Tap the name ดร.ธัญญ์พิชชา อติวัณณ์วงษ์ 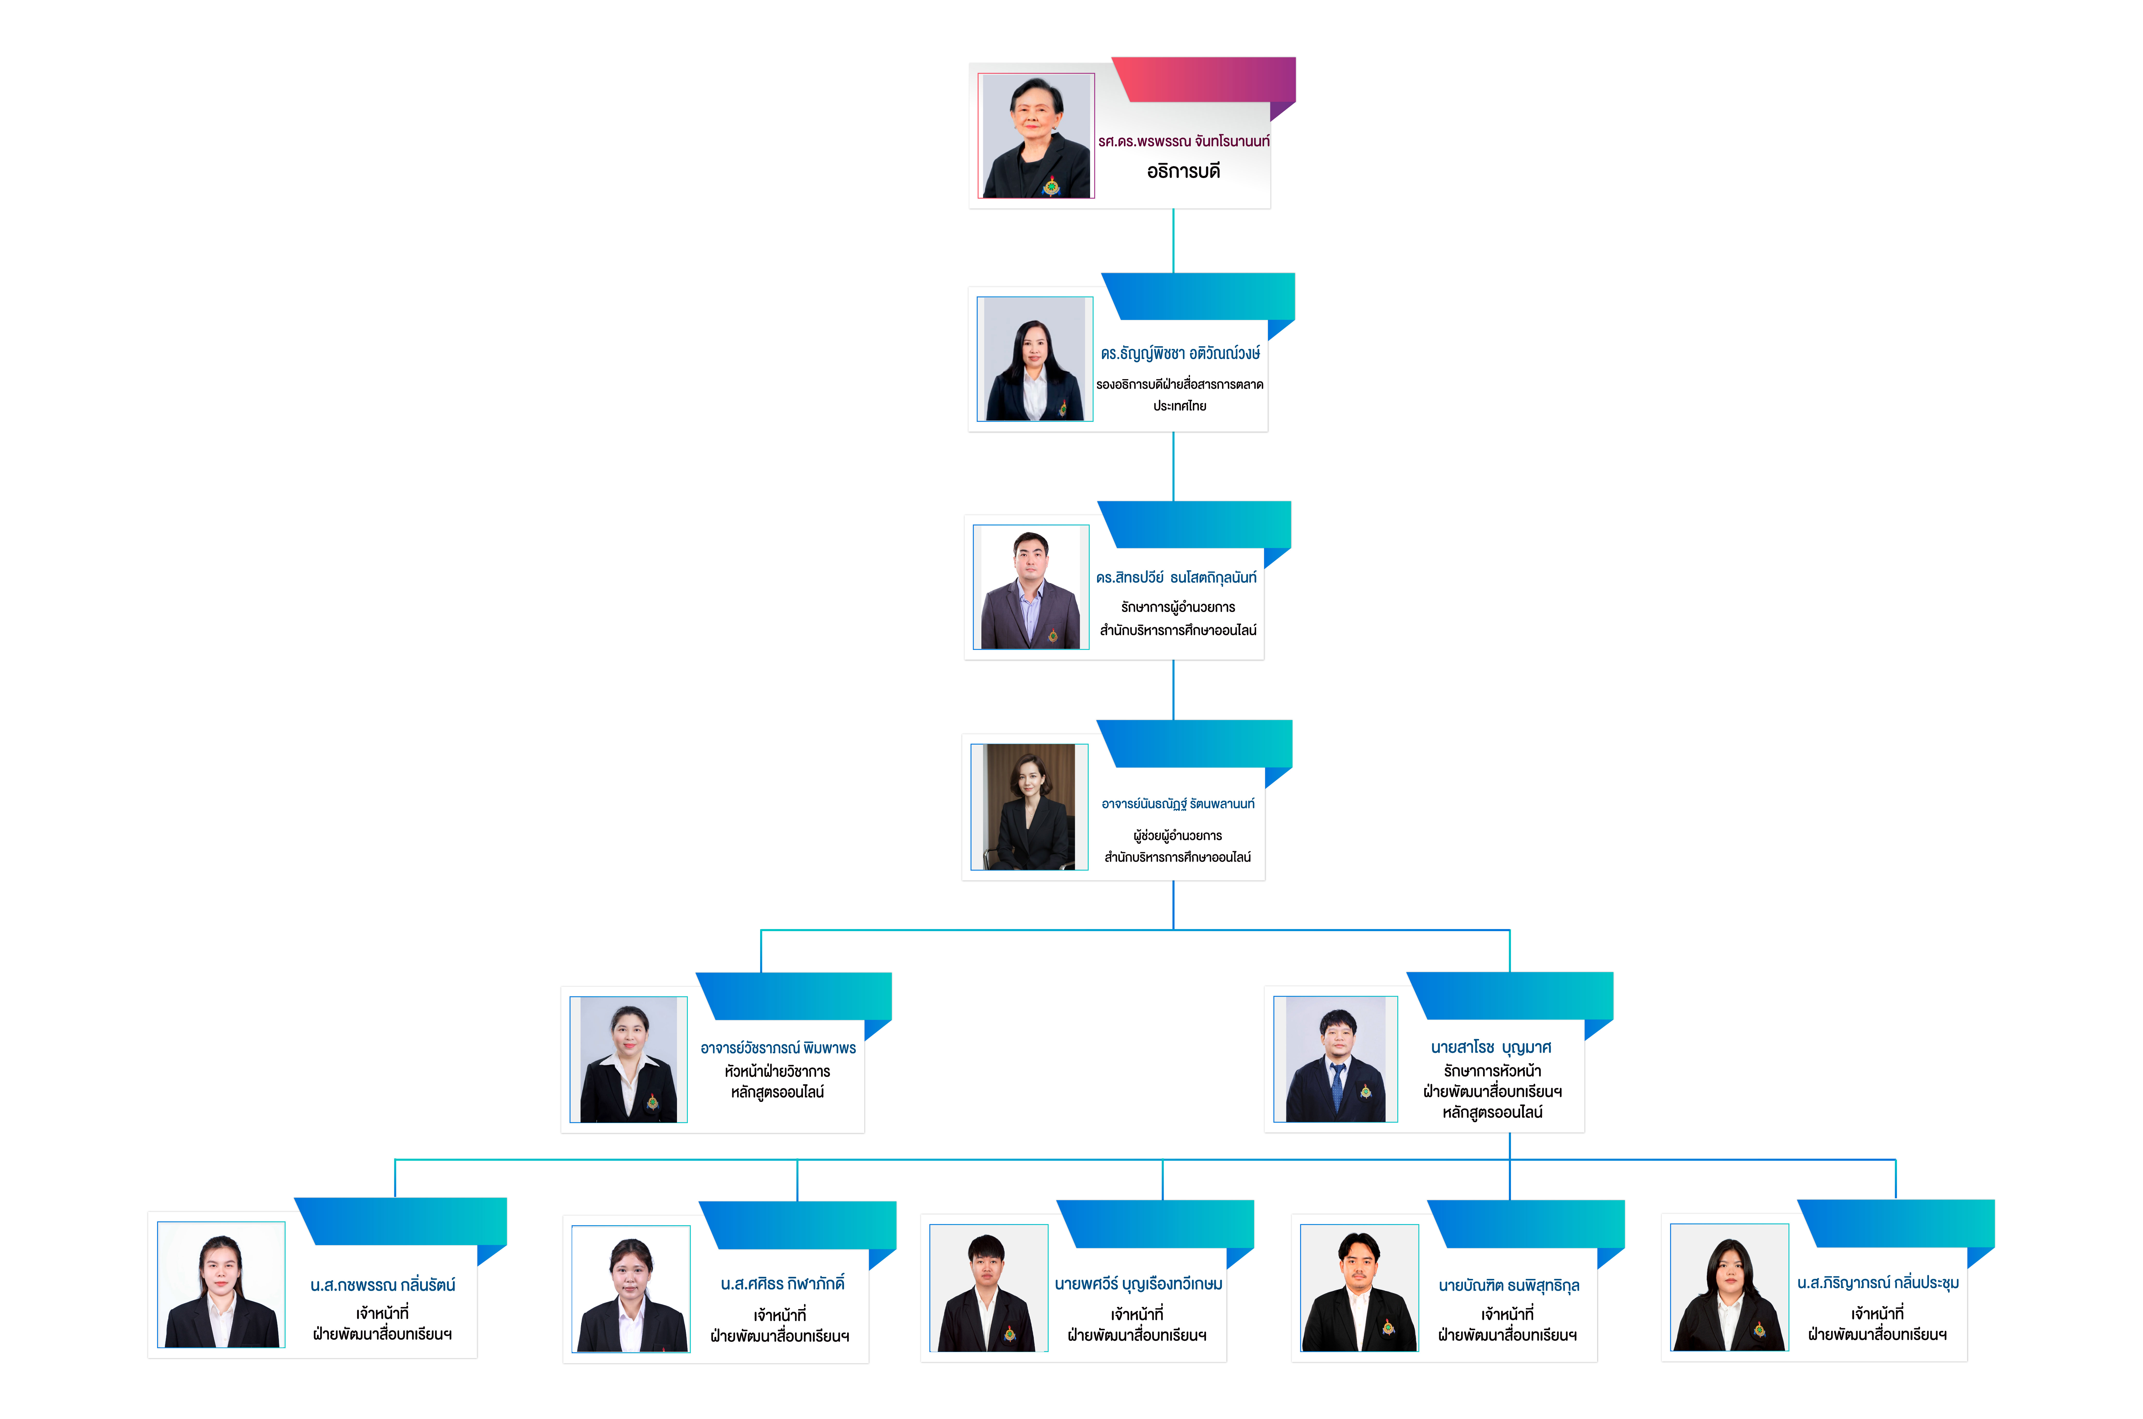click(1180, 353)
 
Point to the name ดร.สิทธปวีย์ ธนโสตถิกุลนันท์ click(1175, 577)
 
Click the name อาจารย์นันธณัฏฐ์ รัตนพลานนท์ click(1177, 804)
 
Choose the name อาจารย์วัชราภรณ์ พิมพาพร click(778, 1048)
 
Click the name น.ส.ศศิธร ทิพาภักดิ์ click(782, 1283)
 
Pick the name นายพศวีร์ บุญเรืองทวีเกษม click(1138, 1283)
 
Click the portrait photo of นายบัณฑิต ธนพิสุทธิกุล click(1359, 1288)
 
